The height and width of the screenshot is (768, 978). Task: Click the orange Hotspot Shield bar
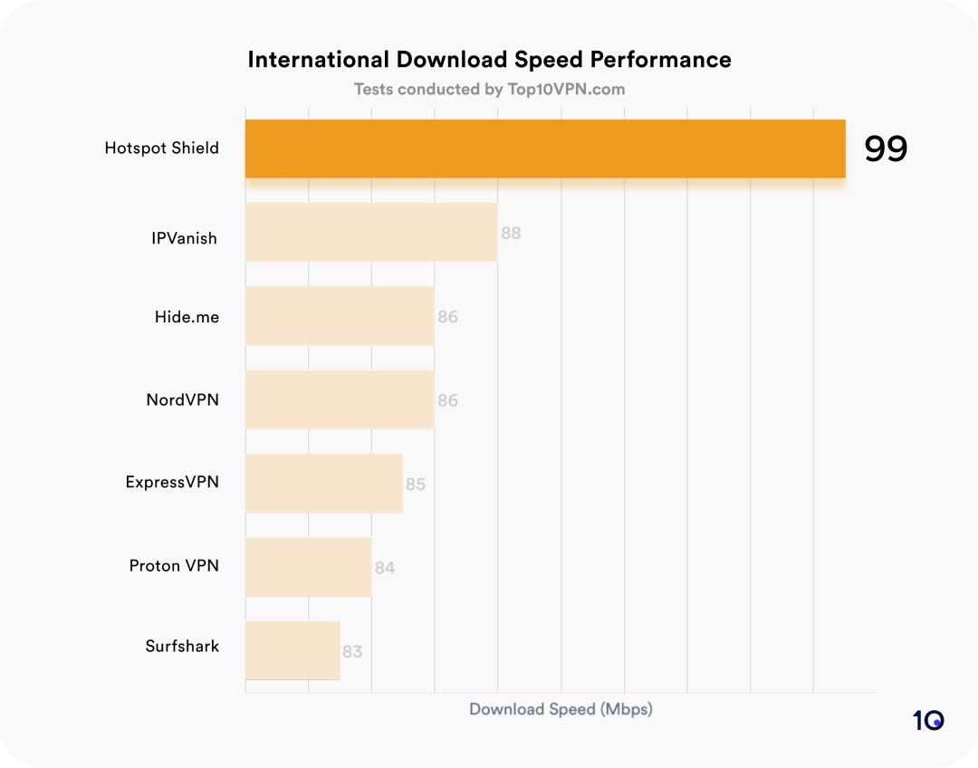545,149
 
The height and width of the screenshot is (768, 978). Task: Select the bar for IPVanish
371,233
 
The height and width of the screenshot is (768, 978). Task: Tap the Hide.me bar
340,316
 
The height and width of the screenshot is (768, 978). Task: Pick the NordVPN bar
340,399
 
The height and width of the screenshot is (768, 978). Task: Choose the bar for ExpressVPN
324,484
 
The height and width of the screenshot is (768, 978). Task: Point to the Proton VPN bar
308,567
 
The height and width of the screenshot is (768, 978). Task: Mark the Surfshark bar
292,650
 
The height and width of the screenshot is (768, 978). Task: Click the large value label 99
885,149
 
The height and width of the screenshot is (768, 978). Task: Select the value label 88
511,233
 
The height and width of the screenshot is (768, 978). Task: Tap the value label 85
416,484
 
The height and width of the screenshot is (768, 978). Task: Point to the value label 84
385,568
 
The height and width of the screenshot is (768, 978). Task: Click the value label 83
352,651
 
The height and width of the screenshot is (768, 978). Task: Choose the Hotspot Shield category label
162,149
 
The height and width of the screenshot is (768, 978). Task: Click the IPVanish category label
185,239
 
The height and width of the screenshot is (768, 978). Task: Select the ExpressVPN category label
172,482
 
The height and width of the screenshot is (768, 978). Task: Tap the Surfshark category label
182,647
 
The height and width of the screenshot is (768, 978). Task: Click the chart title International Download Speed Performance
489,60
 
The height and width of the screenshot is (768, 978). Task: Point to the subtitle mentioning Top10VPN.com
489,89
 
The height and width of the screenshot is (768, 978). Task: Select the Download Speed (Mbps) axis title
561,709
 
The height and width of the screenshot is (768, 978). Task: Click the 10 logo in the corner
928,721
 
